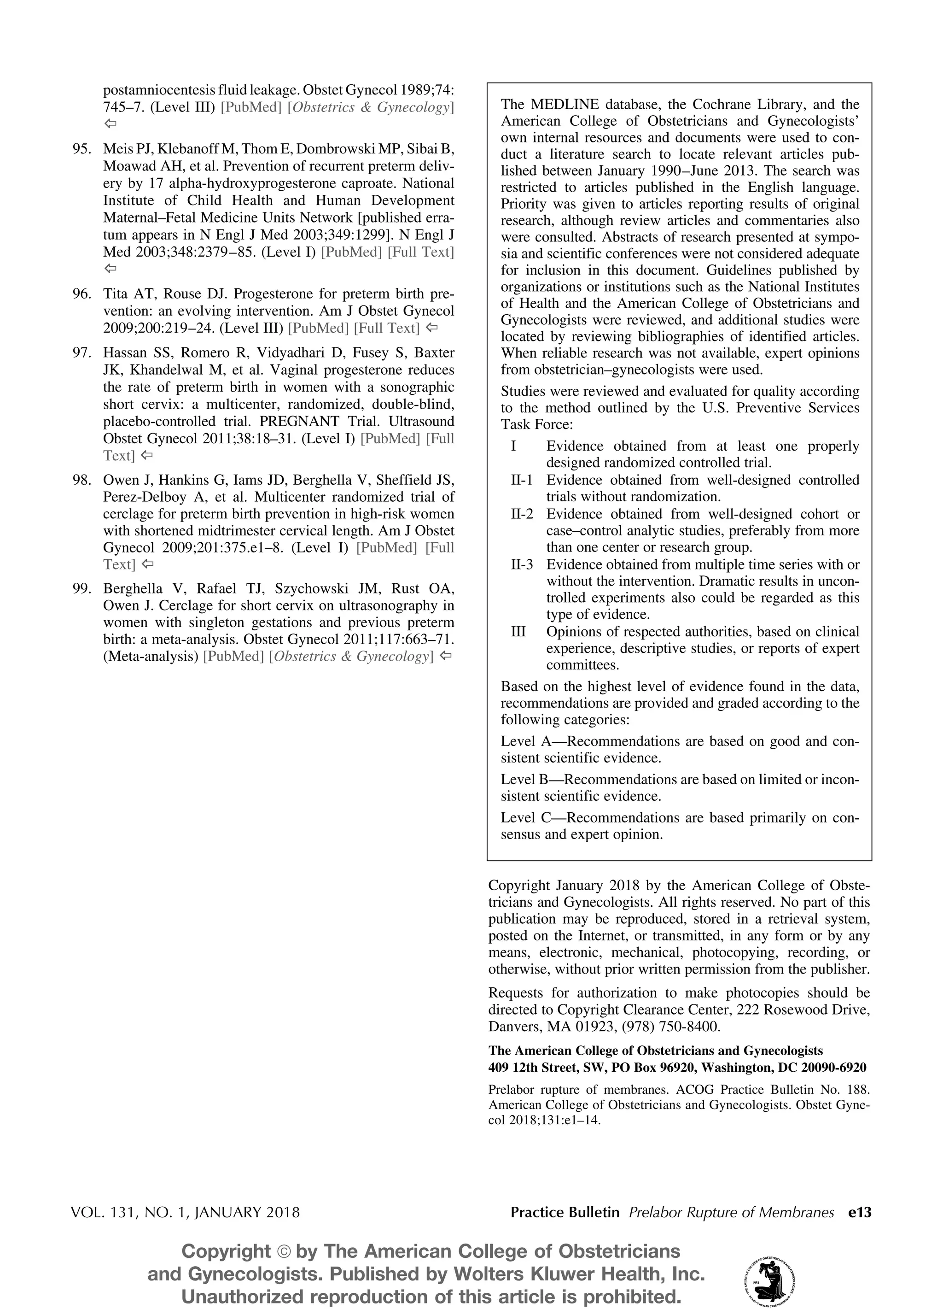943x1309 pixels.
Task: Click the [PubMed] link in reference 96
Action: click(x=318, y=328)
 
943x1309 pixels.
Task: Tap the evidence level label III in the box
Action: click(x=518, y=631)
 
